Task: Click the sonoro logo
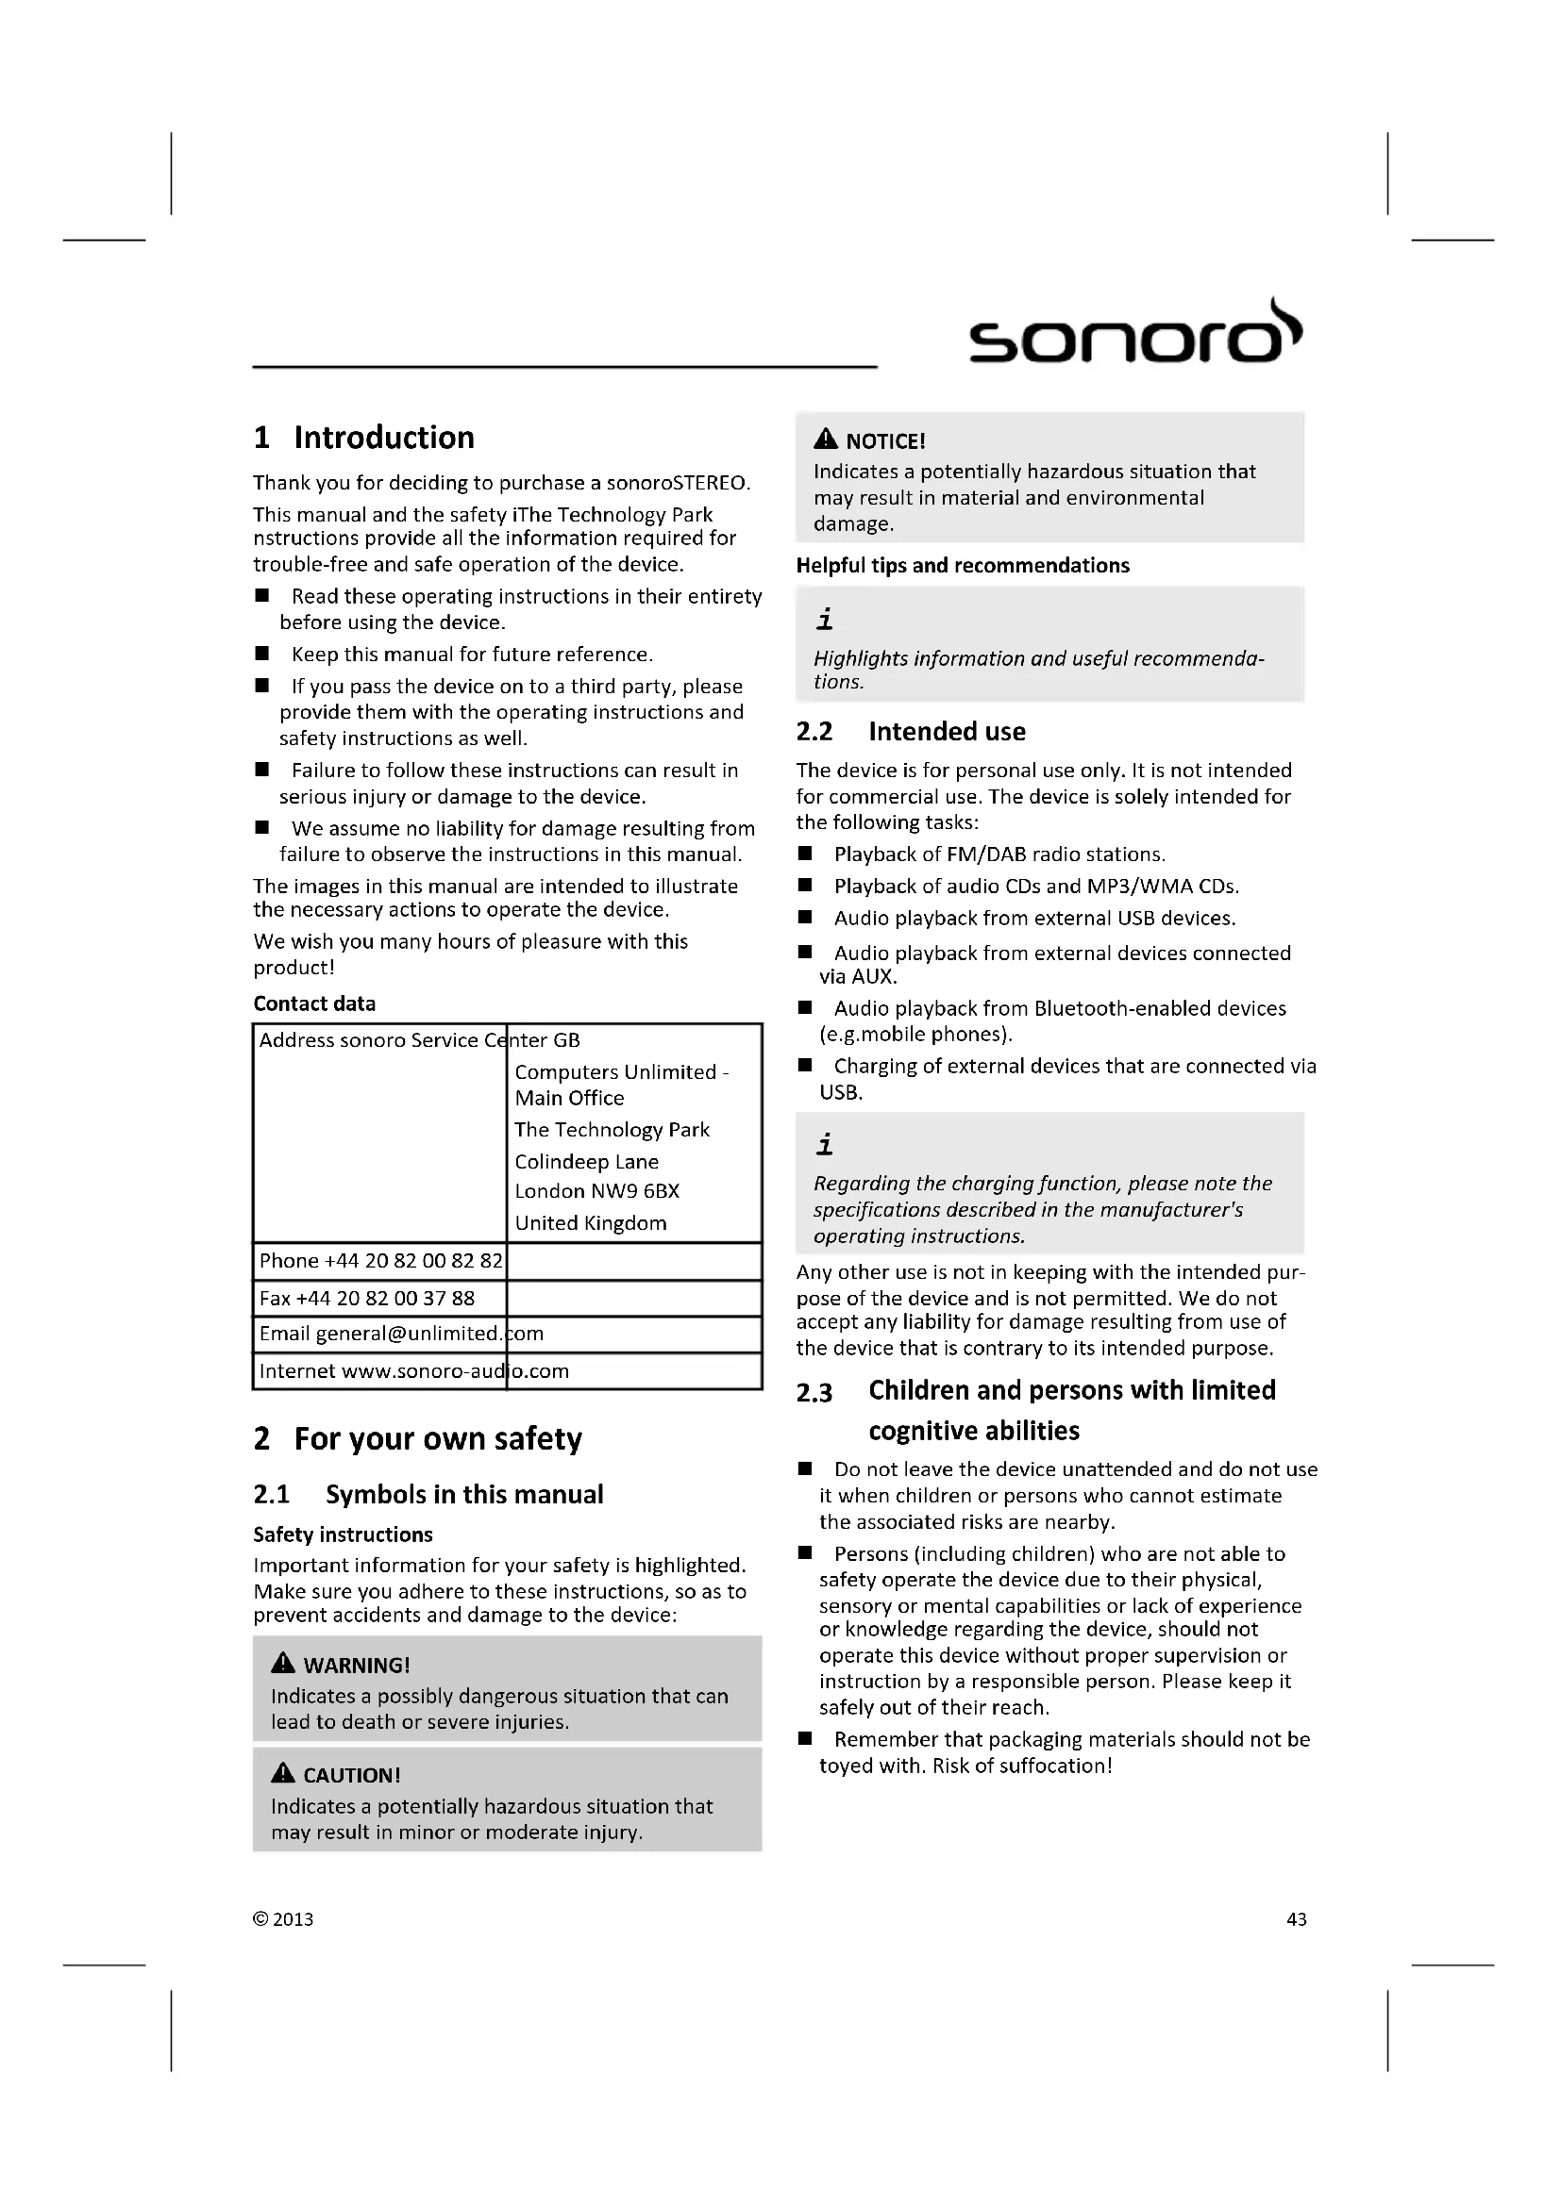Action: [x=1134, y=333]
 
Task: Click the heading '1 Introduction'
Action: [x=364, y=438]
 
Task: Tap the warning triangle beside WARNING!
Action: [x=282, y=1663]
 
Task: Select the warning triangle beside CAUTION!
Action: [x=282, y=1773]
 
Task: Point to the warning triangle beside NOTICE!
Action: [x=825, y=440]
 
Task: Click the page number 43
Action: [x=1296, y=1918]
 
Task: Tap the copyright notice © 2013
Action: [x=283, y=1918]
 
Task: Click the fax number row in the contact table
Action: [x=367, y=1298]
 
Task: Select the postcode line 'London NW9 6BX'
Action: [x=596, y=1191]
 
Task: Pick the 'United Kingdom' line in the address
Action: [x=590, y=1223]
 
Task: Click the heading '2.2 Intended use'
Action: [x=910, y=732]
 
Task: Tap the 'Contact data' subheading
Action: [x=314, y=1003]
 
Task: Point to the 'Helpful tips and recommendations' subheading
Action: [x=962, y=565]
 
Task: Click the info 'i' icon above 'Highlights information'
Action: [x=824, y=620]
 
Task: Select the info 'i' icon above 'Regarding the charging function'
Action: [x=824, y=1144]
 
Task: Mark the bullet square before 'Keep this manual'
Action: [x=261, y=654]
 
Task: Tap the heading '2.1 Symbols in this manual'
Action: [x=428, y=1494]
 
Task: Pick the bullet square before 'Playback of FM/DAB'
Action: [x=804, y=854]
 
